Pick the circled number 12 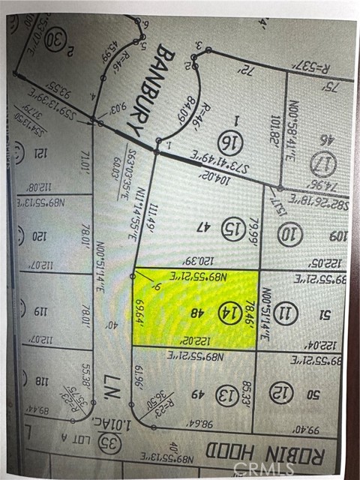281,392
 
